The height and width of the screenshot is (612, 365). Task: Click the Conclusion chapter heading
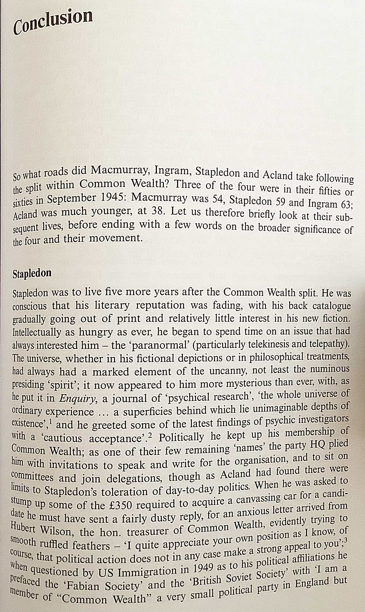(x=53, y=22)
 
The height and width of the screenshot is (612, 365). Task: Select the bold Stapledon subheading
(x=32, y=273)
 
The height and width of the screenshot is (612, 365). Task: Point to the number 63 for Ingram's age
(x=346, y=205)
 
